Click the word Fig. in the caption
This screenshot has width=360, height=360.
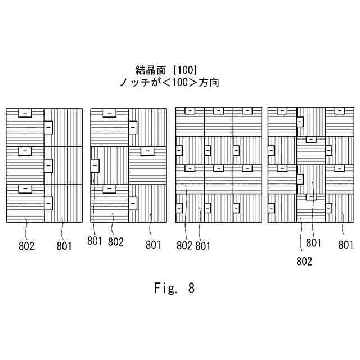coord(165,289)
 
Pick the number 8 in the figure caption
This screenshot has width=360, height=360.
coord(191,289)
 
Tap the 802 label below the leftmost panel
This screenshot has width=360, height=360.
coord(26,245)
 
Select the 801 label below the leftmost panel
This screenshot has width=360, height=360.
coord(64,245)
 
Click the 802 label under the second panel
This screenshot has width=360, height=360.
coord(116,242)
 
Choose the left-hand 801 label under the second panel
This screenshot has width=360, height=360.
coord(95,242)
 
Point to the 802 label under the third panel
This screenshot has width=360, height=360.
coord(185,245)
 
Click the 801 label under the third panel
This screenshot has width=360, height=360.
coord(203,245)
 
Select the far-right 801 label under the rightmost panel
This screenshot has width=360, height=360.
coord(346,245)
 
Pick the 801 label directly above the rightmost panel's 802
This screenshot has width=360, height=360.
coord(314,243)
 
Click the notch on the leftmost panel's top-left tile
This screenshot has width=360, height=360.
coord(25,112)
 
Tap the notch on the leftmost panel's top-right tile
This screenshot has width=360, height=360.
coord(48,128)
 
